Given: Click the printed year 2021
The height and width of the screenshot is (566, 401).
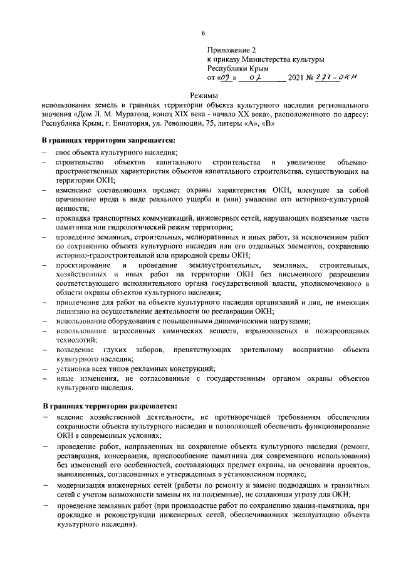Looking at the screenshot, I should click(x=295, y=78).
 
